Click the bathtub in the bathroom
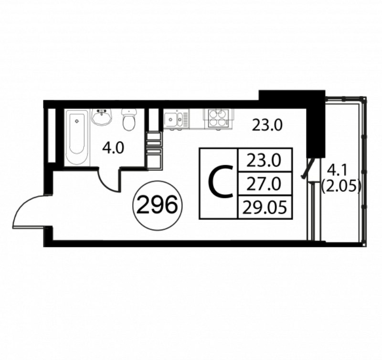click(x=76, y=137)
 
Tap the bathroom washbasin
click(x=102, y=117)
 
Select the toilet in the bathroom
click(x=129, y=119)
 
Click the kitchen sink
click(x=176, y=119)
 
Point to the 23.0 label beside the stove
click(x=267, y=125)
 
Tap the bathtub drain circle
click(x=77, y=121)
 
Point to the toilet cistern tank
click(x=129, y=112)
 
